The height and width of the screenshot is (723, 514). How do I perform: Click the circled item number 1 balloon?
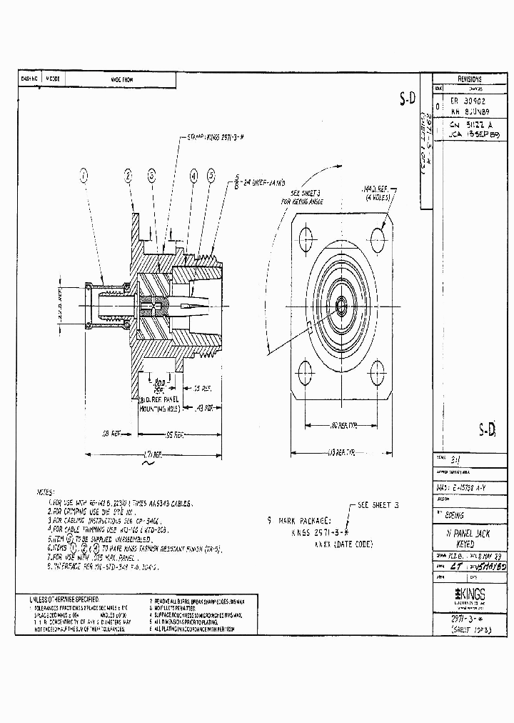(x=84, y=174)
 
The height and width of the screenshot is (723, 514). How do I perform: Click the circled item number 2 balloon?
(x=128, y=175)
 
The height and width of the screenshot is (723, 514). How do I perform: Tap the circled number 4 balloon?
(x=193, y=175)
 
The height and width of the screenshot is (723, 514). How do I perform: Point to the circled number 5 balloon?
(x=211, y=175)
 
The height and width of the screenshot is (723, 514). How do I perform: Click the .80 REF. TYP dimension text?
(x=344, y=427)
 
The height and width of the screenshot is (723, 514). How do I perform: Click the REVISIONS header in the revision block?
(x=469, y=79)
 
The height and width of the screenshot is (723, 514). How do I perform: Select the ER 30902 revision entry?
(x=468, y=101)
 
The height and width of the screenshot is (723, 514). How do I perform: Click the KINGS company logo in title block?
(x=469, y=594)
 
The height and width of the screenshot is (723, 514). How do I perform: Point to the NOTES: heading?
(x=44, y=492)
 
